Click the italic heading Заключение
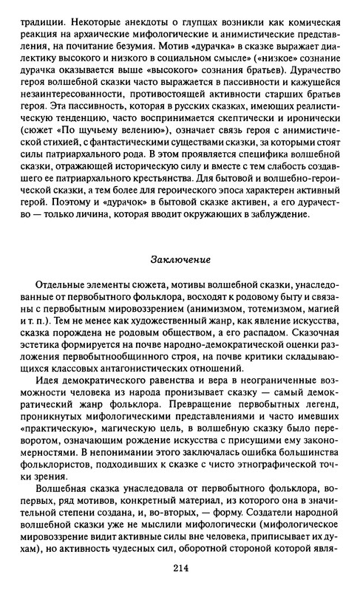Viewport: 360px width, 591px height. pyautogui.click(x=181, y=261)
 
